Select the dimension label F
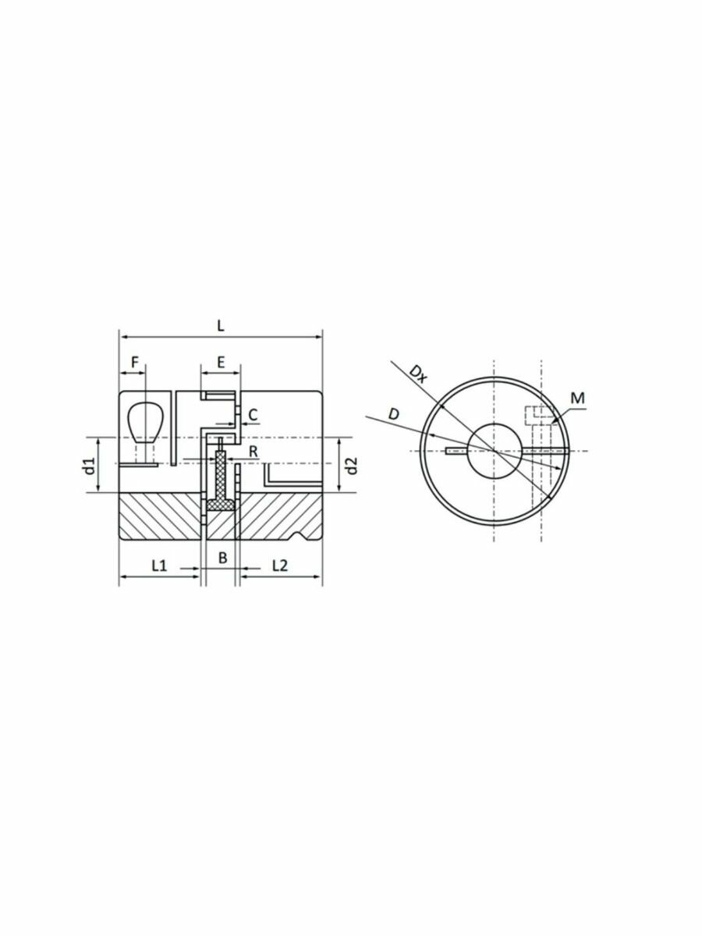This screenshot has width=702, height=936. pyautogui.click(x=134, y=362)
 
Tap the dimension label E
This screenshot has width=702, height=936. pyautogui.click(x=221, y=362)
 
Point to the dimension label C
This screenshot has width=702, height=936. pyautogui.click(x=253, y=413)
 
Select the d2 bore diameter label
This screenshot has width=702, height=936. pyautogui.click(x=352, y=466)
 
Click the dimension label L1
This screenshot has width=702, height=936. pyautogui.click(x=158, y=564)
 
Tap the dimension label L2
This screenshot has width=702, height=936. pyautogui.click(x=279, y=564)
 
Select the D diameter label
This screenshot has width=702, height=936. pyautogui.click(x=395, y=413)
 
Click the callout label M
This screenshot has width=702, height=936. pyautogui.click(x=577, y=399)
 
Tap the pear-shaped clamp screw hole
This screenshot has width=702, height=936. pyautogui.click(x=143, y=421)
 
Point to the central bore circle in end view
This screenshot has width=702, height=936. pyautogui.click(x=493, y=451)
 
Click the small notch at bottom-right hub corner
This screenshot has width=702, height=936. pyautogui.click(x=301, y=536)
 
